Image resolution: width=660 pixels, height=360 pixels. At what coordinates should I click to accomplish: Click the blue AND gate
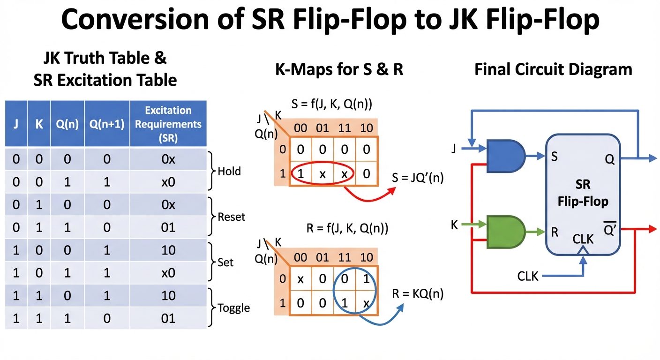click(x=505, y=156)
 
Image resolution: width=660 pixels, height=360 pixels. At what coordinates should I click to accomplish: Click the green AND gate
click(x=505, y=231)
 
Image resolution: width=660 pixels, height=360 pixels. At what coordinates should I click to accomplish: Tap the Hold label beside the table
click(x=229, y=171)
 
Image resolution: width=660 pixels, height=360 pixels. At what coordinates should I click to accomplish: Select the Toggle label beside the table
click(x=233, y=308)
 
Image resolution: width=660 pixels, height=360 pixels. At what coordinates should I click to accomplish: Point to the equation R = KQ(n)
click(x=417, y=294)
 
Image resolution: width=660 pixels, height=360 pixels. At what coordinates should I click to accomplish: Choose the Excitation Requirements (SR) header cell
click(x=168, y=124)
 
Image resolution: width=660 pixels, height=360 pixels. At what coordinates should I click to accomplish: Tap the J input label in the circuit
click(x=453, y=149)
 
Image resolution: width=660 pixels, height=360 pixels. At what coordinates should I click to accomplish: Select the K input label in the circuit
click(x=454, y=225)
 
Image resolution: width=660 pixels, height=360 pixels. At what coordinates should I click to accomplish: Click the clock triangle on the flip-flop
click(x=583, y=252)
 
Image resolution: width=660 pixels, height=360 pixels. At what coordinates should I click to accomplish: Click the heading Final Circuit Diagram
click(x=553, y=70)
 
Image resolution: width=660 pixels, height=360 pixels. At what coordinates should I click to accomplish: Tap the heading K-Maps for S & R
click(x=339, y=70)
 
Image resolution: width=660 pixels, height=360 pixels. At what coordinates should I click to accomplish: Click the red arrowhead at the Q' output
click(x=651, y=229)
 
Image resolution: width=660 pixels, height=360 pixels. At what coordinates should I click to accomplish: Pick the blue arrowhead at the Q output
click(x=652, y=158)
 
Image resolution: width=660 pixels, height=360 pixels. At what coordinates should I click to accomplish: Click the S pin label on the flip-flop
click(x=554, y=157)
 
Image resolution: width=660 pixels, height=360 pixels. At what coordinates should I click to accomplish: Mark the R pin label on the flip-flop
click(x=555, y=232)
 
